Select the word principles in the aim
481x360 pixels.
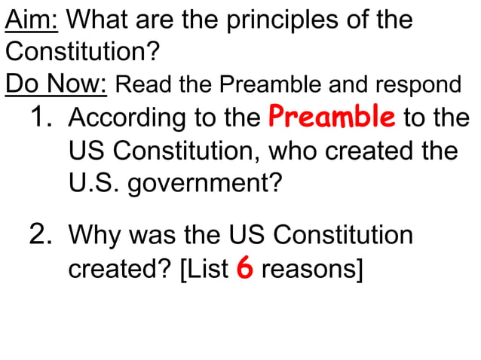coord(265,20)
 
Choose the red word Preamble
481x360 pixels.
coord(332,118)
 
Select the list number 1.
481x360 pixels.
coord(44,118)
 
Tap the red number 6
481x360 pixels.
coord(244,268)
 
